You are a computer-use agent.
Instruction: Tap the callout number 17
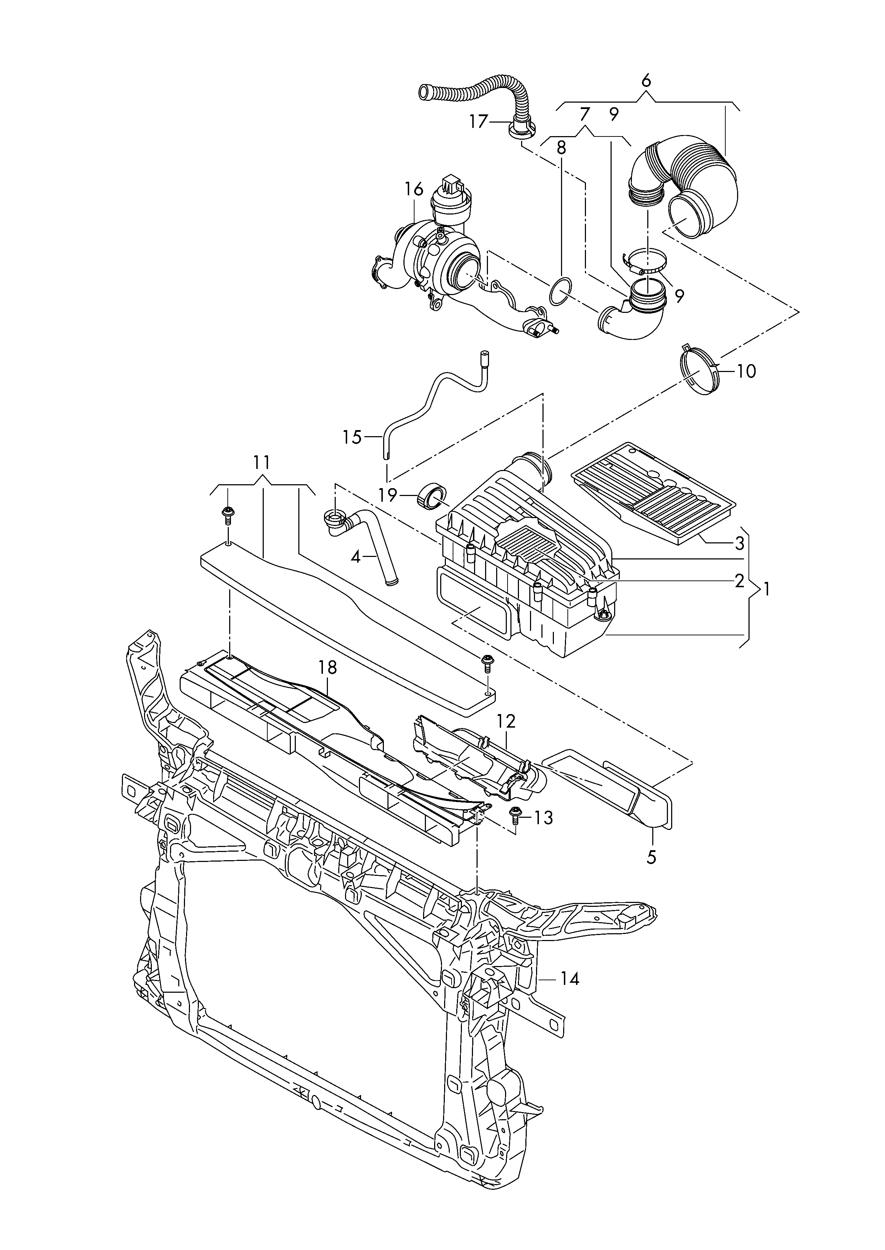point(478,122)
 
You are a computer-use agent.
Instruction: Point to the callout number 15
point(352,437)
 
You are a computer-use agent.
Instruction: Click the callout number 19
point(388,496)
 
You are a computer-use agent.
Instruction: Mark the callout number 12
point(506,721)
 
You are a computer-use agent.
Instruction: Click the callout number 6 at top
point(646,81)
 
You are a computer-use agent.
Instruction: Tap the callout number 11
point(262,463)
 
